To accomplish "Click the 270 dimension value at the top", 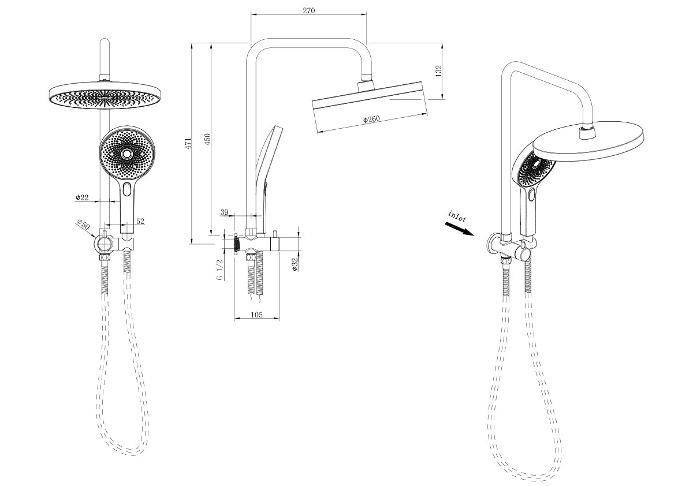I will tap(308, 10).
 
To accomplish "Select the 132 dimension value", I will tap(438, 71).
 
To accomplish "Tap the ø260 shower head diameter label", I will tap(371, 119).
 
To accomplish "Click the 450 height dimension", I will tap(207, 139).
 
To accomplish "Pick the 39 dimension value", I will tap(225, 212).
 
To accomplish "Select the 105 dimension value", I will tap(256, 315).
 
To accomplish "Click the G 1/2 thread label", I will tap(220, 269).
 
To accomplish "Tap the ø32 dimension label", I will tap(295, 264).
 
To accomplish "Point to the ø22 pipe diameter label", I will tap(82, 198).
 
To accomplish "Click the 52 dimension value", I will tap(140, 221).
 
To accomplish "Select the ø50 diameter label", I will tap(83, 225).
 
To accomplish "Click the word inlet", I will tap(457, 216).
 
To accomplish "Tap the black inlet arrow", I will tap(460, 229).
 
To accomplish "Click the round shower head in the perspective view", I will tap(589, 141).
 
